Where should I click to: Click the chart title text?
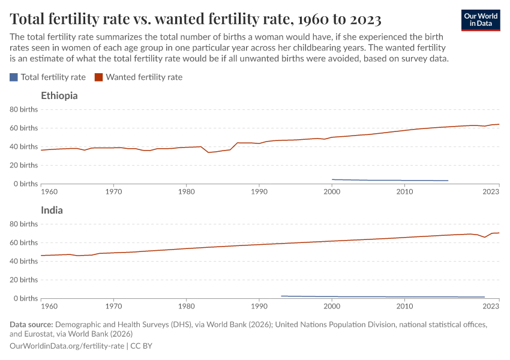(196, 19)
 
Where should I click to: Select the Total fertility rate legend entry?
(48, 77)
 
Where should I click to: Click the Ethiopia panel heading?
(59, 95)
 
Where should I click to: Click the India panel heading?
(52, 210)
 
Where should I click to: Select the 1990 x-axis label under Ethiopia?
(259, 191)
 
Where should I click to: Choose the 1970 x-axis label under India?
(113, 306)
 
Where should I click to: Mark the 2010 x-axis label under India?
(404, 306)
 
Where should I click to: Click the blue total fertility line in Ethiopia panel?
(390, 180)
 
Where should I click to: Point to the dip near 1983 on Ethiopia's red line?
(208, 152)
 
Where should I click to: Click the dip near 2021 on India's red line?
(485, 237)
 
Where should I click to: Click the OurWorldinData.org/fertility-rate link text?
(67, 346)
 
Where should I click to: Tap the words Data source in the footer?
(31, 325)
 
